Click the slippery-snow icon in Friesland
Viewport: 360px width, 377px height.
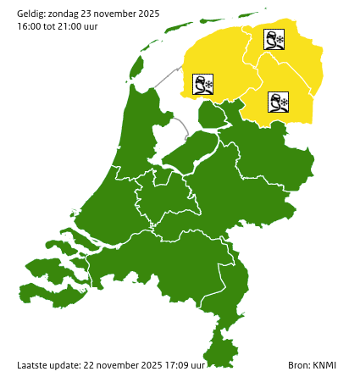click(202, 85)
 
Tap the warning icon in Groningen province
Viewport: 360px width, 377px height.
click(274, 40)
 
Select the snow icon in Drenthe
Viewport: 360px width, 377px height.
click(278, 103)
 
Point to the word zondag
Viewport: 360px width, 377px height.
click(66, 13)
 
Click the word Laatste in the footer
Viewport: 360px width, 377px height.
click(35, 365)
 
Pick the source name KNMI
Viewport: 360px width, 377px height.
click(324, 365)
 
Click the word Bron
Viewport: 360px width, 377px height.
click(297, 365)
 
